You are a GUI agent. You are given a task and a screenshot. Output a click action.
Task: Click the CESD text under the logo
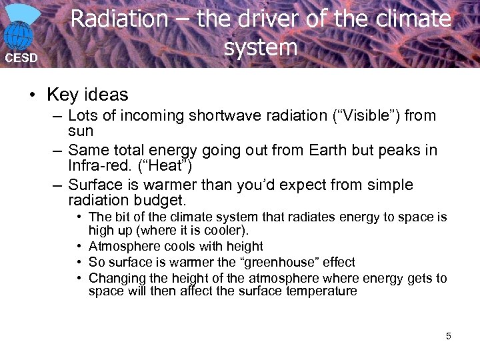click(21, 58)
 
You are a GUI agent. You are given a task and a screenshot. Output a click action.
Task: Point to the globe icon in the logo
click(21, 34)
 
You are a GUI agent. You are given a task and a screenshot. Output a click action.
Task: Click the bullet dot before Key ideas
click(33, 95)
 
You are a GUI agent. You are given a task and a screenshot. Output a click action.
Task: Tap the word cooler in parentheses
click(226, 231)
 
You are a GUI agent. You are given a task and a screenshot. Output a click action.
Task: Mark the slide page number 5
click(448, 336)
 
